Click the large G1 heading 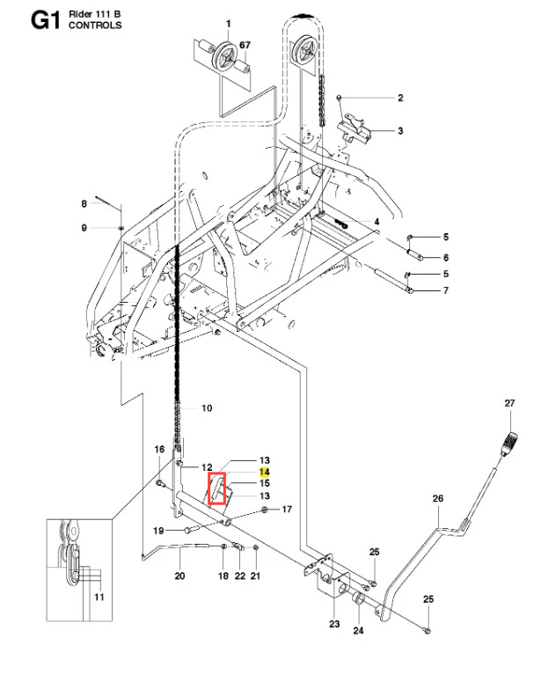point(45,20)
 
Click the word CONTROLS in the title point(95,26)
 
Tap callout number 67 point(245,45)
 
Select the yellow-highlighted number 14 point(264,472)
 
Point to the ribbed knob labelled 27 point(509,443)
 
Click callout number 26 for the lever point(437,498)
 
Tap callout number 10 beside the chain point(207,407)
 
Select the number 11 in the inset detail point(99,597)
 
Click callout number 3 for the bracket point(400,130)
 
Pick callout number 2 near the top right point(400,98)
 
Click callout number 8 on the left point(84,203)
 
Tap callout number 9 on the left point(84,227)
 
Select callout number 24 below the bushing point(358,630)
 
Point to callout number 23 point(334,623)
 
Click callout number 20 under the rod point(179,576)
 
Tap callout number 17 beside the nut point(287,510)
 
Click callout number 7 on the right point(446,290)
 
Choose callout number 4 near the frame point(377,222)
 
